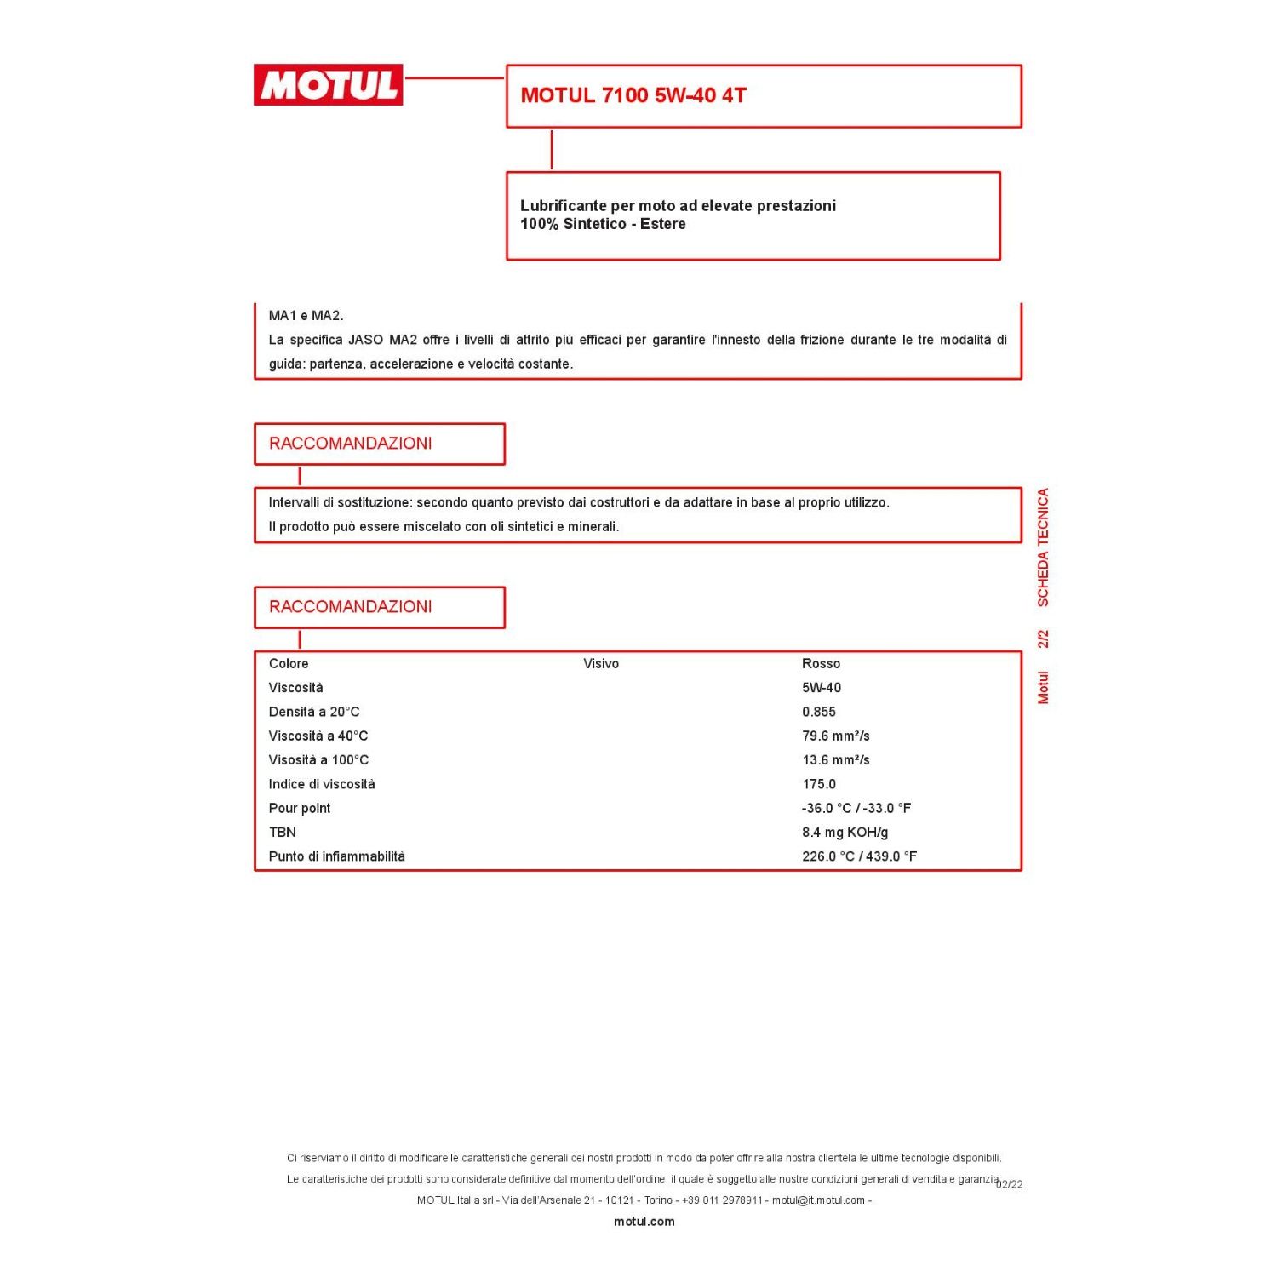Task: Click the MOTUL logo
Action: tap(328, 85)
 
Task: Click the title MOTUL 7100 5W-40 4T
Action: tap(633, 95)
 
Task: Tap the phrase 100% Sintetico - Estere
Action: tap(603, 224)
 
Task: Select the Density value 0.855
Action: tap(818, 712)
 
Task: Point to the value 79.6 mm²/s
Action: tap(835, 736)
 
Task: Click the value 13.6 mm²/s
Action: tap(835, 759)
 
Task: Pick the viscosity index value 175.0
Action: tap(818, 784)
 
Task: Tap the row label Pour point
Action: tap(300, 808)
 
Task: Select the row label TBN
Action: tap(283, 832)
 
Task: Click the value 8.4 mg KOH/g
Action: tap(845, 832)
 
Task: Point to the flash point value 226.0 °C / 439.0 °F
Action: tap(859, 856)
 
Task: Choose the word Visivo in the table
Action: tap(601, 663)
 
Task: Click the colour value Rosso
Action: tap(821, 663)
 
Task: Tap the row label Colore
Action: tap(289, 663)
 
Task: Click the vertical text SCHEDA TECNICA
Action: tap(1043, 547)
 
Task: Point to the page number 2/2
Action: tap(1043, 638)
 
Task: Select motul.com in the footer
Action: tap(644, 1221)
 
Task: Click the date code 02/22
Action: tap(1010, 1184)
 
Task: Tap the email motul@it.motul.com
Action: tap(818, 1200)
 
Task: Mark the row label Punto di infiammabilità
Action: tap(337, 856)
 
